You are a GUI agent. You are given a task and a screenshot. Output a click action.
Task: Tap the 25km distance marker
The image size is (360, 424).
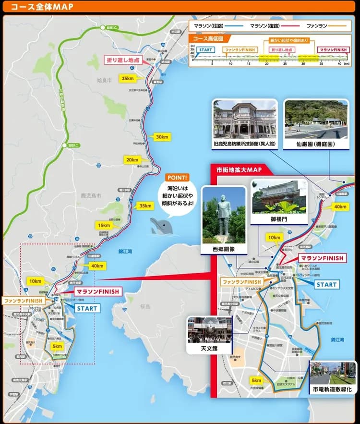tap(128, 78)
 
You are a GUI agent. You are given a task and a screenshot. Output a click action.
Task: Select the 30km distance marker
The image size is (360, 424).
tap(162, 137)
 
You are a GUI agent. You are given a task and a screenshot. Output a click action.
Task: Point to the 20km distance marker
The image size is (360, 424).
tap(132, 160)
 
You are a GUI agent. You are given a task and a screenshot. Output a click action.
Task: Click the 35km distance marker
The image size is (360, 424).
tap(144, 206)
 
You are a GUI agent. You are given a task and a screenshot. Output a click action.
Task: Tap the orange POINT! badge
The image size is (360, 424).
tap(178, 177)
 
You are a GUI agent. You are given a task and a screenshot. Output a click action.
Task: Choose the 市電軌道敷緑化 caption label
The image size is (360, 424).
tap(332, 389)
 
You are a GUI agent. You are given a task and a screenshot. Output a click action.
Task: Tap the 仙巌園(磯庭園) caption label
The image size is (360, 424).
tap(315, 144)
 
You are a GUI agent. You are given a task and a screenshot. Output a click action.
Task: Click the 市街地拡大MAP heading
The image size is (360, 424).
tap(238, 170)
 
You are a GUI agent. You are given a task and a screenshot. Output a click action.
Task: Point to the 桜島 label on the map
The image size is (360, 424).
tap(145, 306)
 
